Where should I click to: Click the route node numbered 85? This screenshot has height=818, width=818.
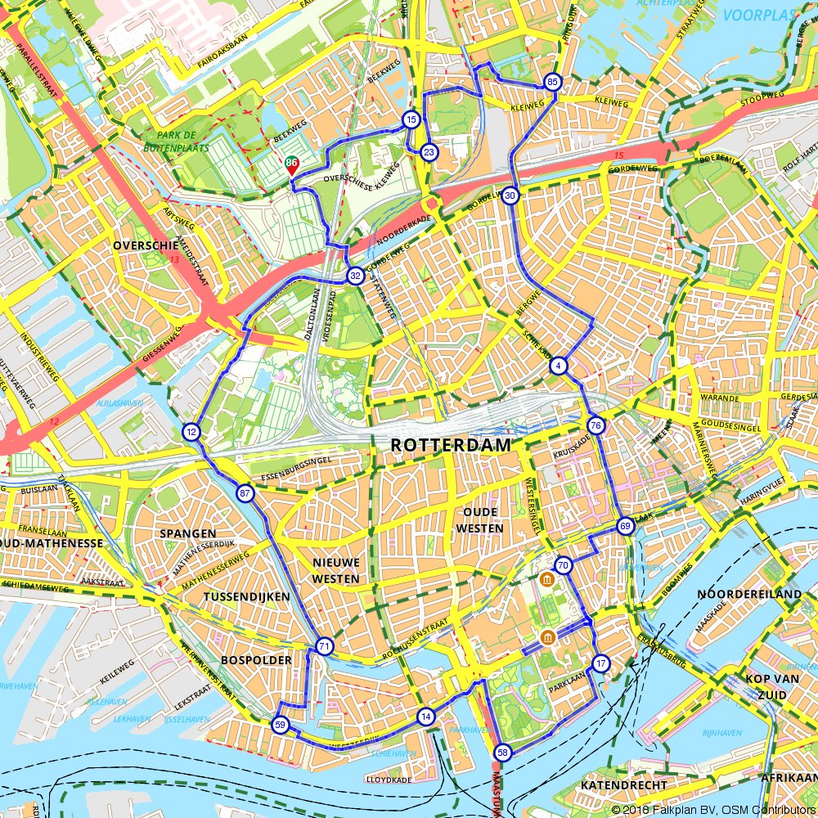tap(552, 82)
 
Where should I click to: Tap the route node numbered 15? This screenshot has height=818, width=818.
tap(411, 120)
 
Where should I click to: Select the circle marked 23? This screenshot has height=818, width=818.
tap(428, 152)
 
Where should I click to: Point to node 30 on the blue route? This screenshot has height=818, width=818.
tap(510, 196)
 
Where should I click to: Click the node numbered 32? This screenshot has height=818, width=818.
tap(355, 276)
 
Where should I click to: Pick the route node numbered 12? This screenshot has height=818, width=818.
tap(191, 432)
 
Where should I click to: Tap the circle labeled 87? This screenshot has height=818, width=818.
tap(245, 493)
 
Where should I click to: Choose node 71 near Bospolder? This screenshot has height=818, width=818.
tap(325, 647)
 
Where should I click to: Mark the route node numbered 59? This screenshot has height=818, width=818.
tap(281, 725)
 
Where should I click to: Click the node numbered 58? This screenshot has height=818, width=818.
tap(502, 753)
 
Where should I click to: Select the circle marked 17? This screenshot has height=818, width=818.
tap(601, 663)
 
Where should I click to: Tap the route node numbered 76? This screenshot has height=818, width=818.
tap(596, 425)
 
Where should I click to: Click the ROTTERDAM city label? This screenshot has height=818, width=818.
tap(450, 445)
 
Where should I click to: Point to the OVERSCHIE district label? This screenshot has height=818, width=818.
tap(146, 245)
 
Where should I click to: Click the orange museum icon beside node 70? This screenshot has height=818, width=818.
tap(546, 580)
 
